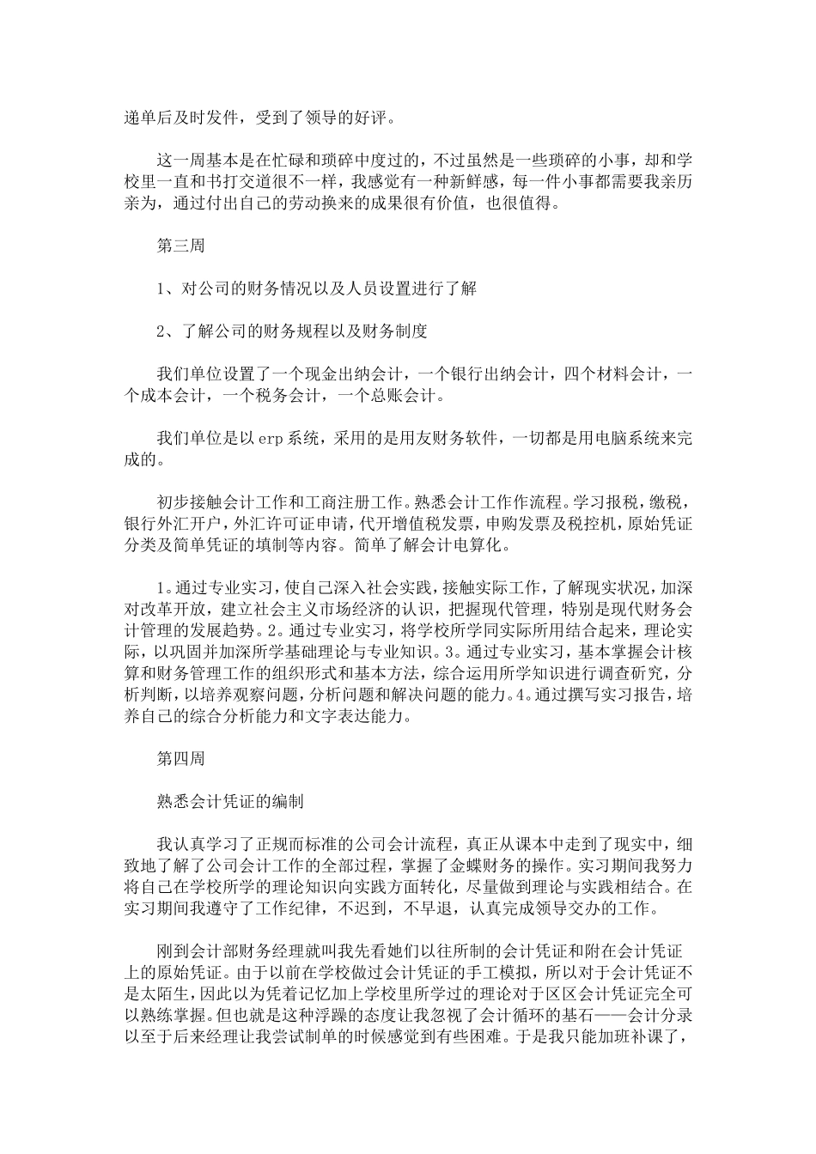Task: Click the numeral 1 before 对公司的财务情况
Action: point(161,288)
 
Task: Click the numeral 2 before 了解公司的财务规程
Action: point(161,331)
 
